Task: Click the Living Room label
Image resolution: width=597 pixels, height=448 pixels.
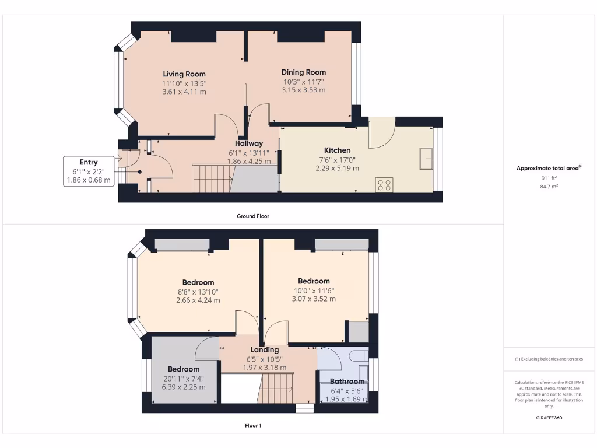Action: pos(184,74)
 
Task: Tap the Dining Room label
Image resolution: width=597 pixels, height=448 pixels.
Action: pos(303,72)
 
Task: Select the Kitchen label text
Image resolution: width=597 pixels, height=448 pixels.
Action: pos(337,150)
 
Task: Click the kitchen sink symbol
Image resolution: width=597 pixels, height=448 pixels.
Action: pos(426,158)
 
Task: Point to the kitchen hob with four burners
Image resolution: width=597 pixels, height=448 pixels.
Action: pos(384,185)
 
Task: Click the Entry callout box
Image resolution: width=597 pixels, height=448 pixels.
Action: pos(89,171)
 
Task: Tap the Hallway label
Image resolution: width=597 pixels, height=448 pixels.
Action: pos(249,143)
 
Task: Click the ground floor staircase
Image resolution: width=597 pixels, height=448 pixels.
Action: pos(213,177)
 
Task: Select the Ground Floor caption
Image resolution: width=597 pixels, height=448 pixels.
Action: pos(252,216)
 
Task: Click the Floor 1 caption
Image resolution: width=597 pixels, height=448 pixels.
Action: pos(252,425)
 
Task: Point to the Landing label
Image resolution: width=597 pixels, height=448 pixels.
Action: pos(265,350)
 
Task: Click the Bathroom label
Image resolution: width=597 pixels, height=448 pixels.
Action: pos(347,381)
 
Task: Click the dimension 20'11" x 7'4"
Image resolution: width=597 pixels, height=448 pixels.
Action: pos(184,378)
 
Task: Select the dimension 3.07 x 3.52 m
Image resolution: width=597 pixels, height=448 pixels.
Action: pos(314,299)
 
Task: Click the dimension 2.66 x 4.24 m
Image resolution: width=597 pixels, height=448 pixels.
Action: pos(198,300)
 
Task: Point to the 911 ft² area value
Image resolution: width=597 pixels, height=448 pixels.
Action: pos(546,178)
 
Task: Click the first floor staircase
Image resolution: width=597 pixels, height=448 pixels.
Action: pos(276,387)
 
